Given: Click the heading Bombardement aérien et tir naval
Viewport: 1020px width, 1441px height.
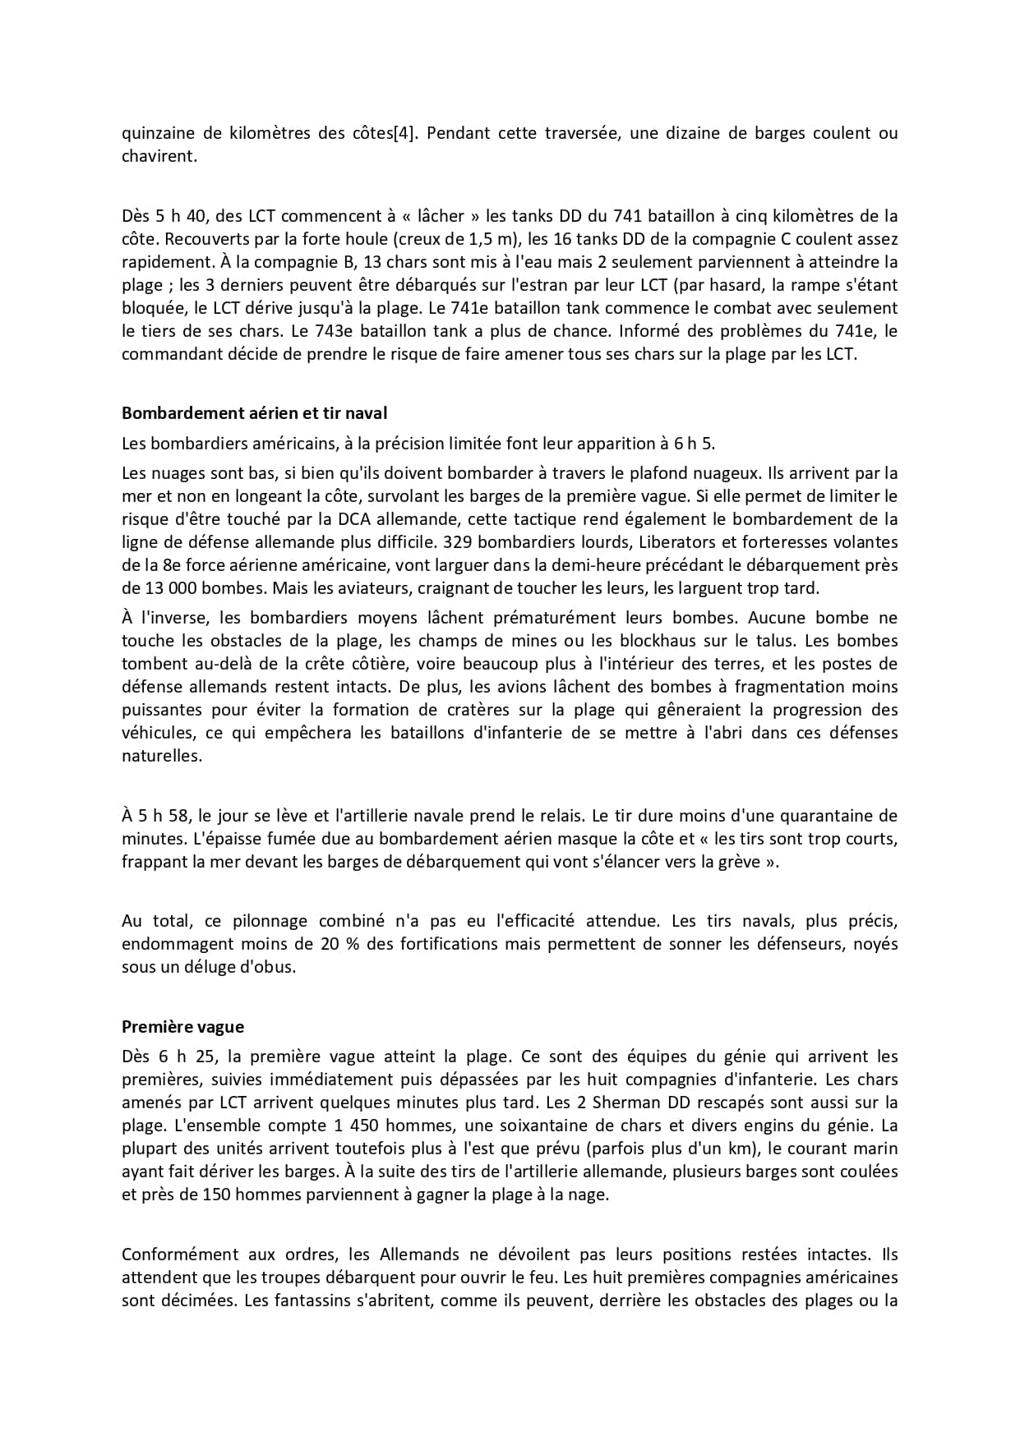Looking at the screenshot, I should pos(254,413).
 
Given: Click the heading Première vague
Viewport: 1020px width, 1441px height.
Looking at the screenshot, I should pos(182,1026).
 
